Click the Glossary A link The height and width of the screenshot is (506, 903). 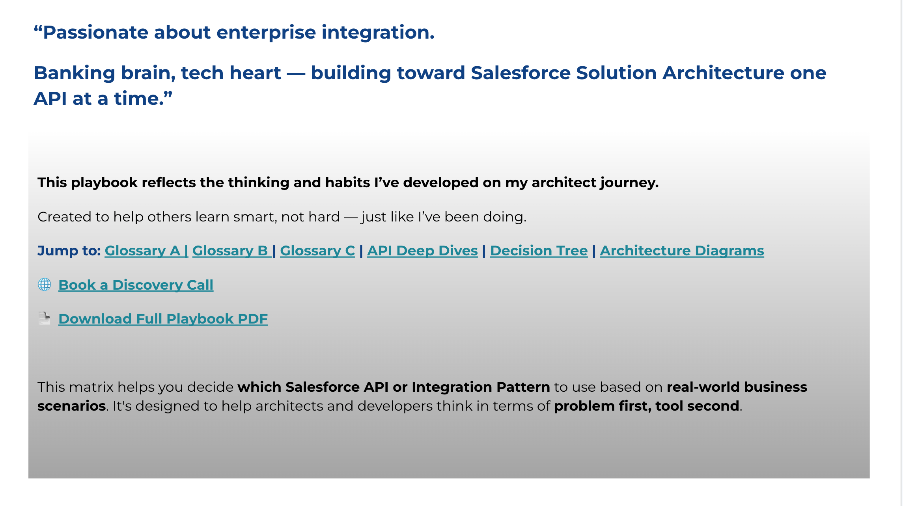click(x=146, y=251)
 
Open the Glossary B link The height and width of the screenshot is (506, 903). click(x=232, y=251)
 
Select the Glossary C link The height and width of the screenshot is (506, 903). click(x=317, y=251)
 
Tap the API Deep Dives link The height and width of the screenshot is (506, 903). click(x=422, y=251)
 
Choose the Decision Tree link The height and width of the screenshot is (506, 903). click(x=539, y=251)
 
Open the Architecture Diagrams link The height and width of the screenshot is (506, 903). click(x=682, y=251)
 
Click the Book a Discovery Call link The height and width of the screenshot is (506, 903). click(x=136, y=285)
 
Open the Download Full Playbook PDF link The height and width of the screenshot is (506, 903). click(x=163, y=319)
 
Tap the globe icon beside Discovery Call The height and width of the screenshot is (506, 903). click(x=45, y=284)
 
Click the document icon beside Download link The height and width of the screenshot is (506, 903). click(x=45, y=318)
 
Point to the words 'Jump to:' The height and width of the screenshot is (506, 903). click(x=69, y=251)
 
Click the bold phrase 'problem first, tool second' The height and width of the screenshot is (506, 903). click(x=646, y=406)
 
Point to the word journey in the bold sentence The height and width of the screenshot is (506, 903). click(x=629, y=183)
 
